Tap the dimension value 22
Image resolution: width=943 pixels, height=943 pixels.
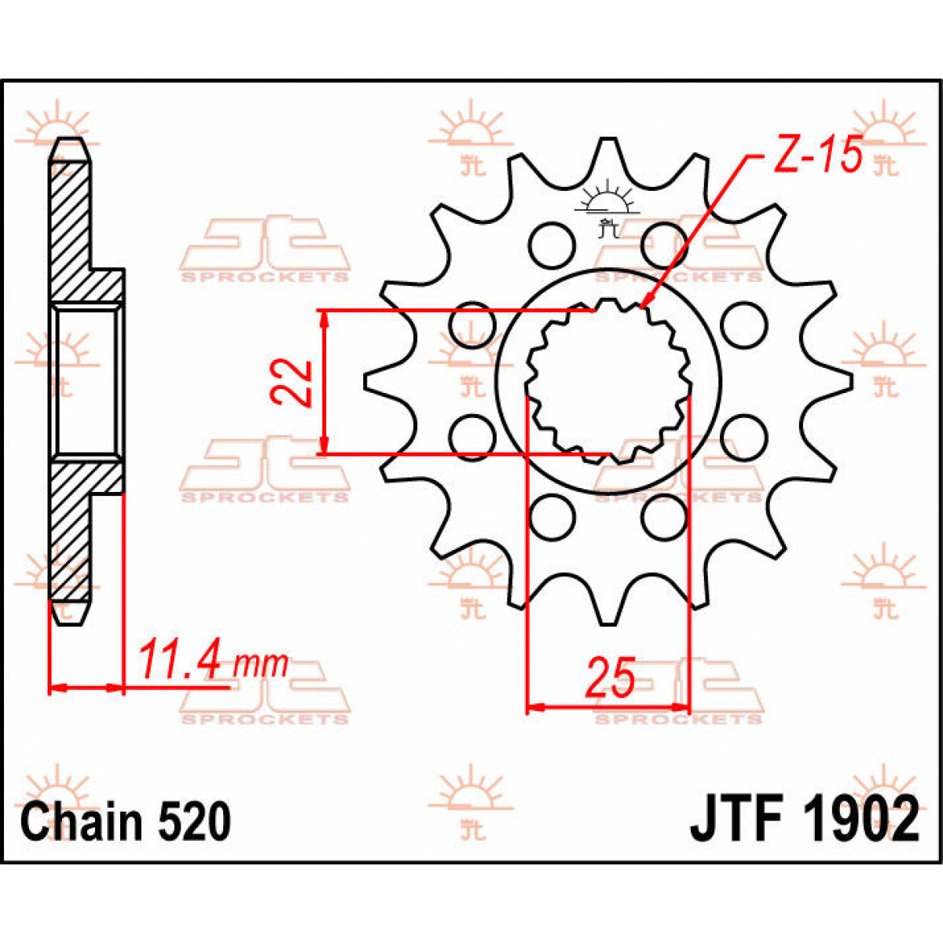coord(292,382)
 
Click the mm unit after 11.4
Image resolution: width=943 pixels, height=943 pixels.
coord(262,665)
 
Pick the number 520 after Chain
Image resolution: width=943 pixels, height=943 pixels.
coord(194,821)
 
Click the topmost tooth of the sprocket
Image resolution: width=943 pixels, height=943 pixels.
coord(609,149)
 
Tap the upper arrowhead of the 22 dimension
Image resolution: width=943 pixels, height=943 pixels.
coord(323,317)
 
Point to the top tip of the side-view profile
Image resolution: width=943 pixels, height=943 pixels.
coord(69,142)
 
